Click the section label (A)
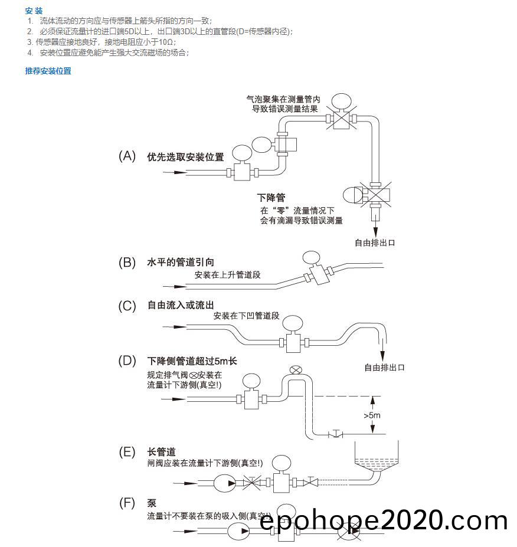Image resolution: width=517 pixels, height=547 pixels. coord(127,156)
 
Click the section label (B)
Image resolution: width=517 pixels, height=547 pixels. coord(127,263)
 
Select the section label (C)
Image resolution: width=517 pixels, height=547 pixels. coord(127,306)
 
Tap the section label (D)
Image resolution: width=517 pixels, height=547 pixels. coord(127,361)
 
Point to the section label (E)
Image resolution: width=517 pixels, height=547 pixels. coord(127,452)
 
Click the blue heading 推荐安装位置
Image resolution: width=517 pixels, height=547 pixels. coord(48,71)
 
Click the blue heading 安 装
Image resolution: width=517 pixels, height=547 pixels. coord(34,11)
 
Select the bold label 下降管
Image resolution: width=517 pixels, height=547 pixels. coord(271,198)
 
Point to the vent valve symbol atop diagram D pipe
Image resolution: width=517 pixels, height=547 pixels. coord(296,370)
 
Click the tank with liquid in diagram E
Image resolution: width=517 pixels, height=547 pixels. coord(374,461)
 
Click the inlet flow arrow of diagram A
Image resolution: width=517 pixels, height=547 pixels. coord(174,172)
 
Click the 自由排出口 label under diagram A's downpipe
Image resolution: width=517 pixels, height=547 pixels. coord(374,243)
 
